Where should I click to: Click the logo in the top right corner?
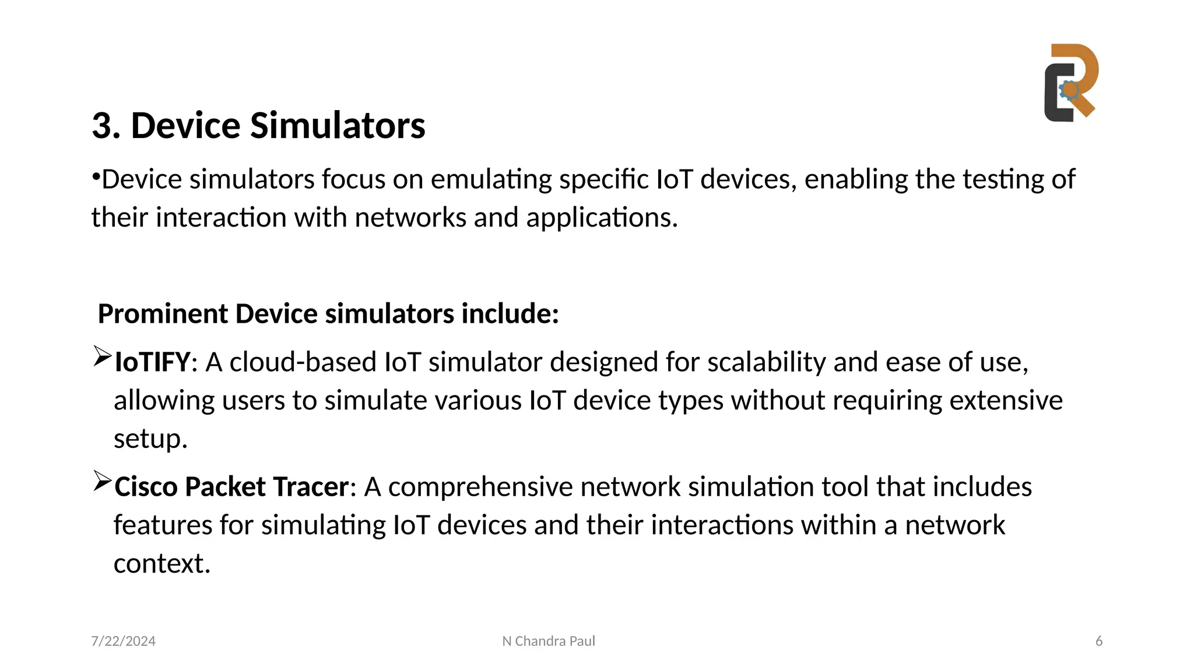[x=1071, y=83]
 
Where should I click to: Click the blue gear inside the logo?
[x=1069, y=90]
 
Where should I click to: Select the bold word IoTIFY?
[x=152, y=362]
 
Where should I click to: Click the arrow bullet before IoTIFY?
[x=102, y=356]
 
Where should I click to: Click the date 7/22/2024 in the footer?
[x=124, y=641]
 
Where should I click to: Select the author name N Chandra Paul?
[x=549, y=641]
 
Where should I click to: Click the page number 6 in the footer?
[x=1099, y=641]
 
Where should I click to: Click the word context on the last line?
[x=161, y=564]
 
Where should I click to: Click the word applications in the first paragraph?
[x=602, y=218]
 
